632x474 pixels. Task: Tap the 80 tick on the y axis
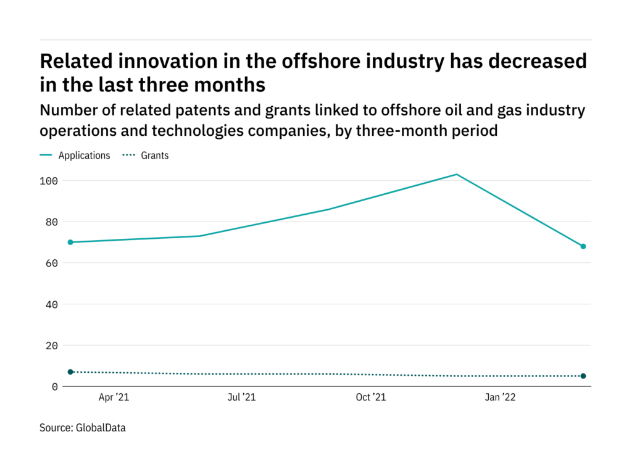(51, 222)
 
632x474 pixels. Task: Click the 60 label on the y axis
(51, 263)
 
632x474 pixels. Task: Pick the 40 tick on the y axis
(51, 304)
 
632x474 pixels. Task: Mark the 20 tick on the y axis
(51, 346)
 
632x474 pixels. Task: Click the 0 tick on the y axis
(54, 386)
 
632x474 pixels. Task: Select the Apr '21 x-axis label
(114, 397)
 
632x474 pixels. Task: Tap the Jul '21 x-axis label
(241, 397)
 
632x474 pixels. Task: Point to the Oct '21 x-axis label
(370, 397)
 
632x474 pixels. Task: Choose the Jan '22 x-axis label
(499, 397)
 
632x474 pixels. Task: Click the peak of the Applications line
(456, 174)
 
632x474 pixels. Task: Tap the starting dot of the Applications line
(70, 242)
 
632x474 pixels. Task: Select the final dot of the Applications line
(583, 246)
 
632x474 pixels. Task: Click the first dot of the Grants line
(70, 372)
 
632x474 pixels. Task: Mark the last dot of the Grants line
(583, 376)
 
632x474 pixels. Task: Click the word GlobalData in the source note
(101, 427)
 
